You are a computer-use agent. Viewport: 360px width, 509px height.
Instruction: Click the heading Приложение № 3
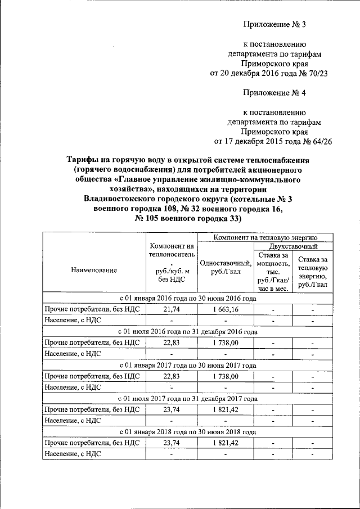coord(275,25)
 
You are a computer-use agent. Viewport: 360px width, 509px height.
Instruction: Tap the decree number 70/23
coord(315,73)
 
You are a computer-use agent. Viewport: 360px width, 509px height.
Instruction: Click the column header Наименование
coord(94,270)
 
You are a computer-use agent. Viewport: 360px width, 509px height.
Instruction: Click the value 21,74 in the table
coord(171,309)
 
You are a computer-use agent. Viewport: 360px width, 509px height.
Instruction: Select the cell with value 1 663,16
coord(226,309)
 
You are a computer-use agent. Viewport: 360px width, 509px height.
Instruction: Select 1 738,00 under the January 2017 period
coord(226,376)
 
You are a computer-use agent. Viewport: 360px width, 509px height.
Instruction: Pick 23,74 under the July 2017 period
coord(171,409)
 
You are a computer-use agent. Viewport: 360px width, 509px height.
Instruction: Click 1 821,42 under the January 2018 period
coord(226,443)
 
